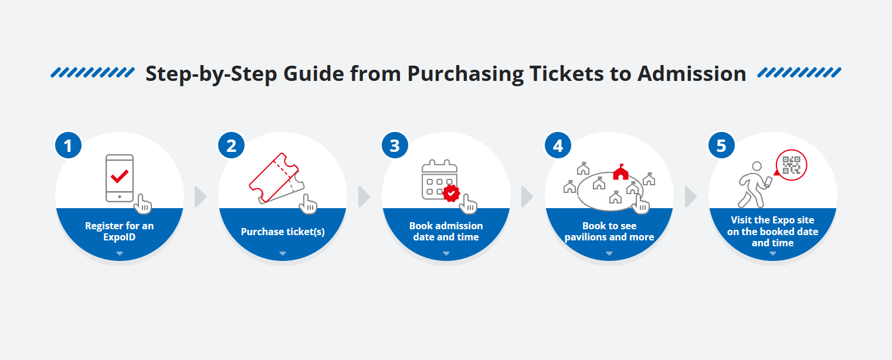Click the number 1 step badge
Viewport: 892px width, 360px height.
(69, 145)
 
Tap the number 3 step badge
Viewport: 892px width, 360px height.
(395, 145)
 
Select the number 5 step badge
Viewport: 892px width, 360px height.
(721, 145)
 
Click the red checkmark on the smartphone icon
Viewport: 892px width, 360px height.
(120, 175)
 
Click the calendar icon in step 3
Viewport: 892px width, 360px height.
(439, 178)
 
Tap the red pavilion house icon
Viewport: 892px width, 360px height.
(620, 172)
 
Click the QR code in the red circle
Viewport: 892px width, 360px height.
(792, 165)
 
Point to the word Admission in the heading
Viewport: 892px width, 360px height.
(691, 74)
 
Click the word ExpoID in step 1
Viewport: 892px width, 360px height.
(120, 237)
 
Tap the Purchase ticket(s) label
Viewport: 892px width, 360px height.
(283, 232)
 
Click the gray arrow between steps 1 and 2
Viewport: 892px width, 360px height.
(201, 197)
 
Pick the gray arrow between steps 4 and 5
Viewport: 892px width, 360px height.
(690, 197)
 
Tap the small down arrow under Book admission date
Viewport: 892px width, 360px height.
(446, 253)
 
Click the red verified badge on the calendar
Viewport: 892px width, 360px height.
(451, 193)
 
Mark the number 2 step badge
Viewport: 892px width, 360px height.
(232, 145)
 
